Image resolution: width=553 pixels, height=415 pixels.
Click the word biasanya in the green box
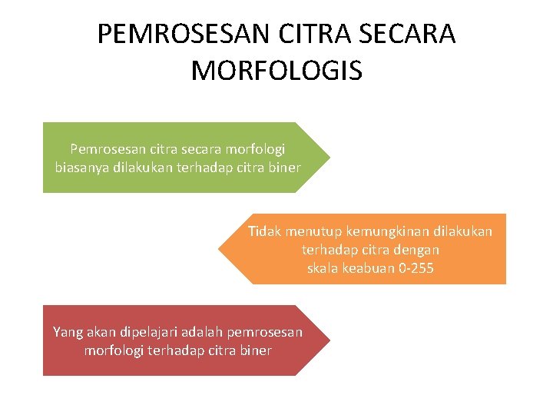(81, 167)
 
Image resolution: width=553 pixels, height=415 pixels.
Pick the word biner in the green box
(283, 167)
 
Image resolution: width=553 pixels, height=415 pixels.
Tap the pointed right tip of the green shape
(329, 158)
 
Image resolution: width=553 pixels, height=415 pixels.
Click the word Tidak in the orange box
(263, 231)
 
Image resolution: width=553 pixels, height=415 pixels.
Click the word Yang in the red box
(65, 332)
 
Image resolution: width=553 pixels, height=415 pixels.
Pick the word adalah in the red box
(203, 332)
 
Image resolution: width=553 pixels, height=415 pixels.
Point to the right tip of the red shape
(329, 340)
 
